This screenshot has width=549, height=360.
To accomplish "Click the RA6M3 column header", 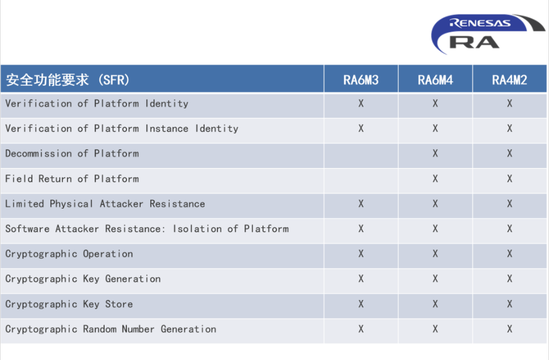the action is [x=361, y=80].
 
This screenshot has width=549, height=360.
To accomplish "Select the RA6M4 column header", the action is [x=435, y=80].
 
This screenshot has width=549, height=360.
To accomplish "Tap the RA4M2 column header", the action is [x=510, y=80].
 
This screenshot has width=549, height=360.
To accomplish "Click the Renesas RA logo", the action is [x=488, y=34].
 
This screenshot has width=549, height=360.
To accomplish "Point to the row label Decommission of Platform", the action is [x=72, y=154].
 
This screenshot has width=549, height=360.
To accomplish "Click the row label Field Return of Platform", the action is [x=72, y=179].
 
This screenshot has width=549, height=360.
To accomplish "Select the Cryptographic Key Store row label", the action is [x=69, y=304].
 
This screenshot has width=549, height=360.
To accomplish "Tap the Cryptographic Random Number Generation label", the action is [x=110, y=329].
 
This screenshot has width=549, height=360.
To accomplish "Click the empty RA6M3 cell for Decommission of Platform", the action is [x=361, y=155].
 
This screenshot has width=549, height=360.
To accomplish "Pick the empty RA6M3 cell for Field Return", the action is [x=361, y=181].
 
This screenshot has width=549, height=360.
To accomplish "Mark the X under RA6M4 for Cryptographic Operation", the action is [x=435, y=254].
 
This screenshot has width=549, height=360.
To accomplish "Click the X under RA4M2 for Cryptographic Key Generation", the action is [x=510, y=279].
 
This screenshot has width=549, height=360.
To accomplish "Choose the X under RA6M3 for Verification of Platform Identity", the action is [x=361, y=103].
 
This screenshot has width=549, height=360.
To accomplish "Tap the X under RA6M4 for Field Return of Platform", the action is [x=435, y=179].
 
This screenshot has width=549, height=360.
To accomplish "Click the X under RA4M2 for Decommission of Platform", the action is [x=510, y=154].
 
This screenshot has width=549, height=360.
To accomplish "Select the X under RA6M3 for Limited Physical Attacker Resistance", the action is [x=361, y=203].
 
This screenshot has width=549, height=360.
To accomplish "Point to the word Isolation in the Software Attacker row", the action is [x=197, y=229].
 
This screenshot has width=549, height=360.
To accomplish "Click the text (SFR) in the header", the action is [x=114, y=80].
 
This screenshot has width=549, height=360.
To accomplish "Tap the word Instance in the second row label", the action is [x=166, y=129].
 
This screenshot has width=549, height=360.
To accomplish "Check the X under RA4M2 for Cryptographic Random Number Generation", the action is [x=510, y=329].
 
